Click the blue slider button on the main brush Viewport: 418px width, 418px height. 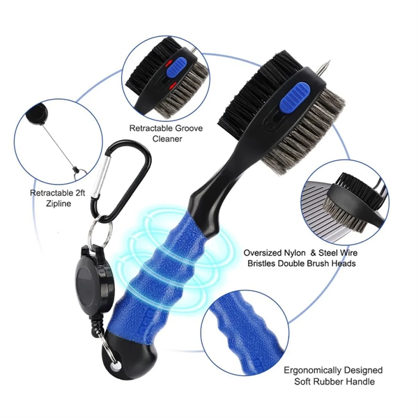tap(295, 98)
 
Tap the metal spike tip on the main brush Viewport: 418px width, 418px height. tap(330, 62)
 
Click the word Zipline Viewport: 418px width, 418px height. tap(59, 204)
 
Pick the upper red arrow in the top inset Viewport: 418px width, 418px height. tap(168, 63)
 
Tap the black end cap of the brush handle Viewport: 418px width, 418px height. tap(128, 360)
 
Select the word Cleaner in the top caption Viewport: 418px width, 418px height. tap(167, 139)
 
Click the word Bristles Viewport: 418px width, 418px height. tap(261, 263)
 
